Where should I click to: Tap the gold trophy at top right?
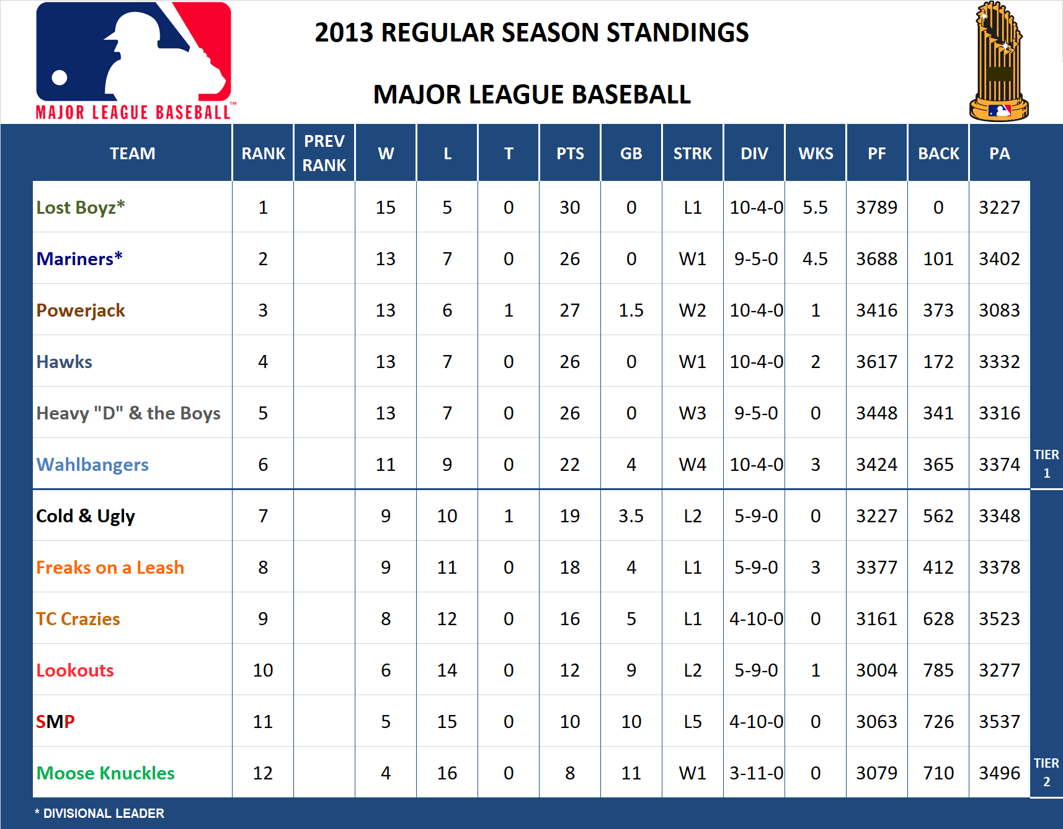(x=999, y=62)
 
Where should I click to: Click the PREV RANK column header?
(x=324, y=153)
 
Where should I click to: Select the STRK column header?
(x=692, y=154)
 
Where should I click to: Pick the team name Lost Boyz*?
(x=81, y=208)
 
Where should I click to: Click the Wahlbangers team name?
(x=92, y=465)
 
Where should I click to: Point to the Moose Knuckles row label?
(x=105, y=773)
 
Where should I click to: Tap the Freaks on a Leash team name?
(x=110, y=568)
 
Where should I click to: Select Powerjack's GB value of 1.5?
(x=631, y=310)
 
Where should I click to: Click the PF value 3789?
(x=876, y=208)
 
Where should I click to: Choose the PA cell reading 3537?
(x=999, y=722)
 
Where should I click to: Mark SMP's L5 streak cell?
(x=692, y=722)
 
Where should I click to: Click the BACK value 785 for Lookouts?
(x=938, y=670)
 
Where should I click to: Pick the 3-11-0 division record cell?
(x=756, y=773)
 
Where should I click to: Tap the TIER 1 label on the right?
(x=1046, y=463)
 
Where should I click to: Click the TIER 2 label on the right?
(x=1046, y=772)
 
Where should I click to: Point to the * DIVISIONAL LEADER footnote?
(x=100, y=814)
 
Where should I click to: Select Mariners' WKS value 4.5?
(x=815, y=259)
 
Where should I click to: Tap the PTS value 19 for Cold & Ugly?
(x=569, y=516)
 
